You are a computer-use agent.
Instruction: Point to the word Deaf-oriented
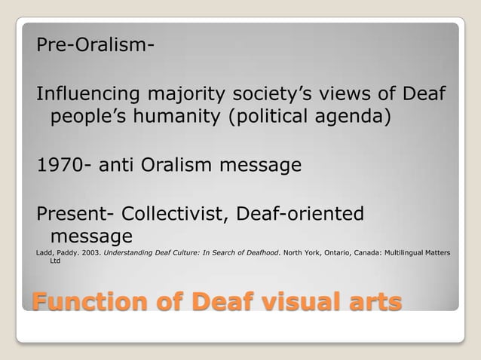point(300,214)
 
